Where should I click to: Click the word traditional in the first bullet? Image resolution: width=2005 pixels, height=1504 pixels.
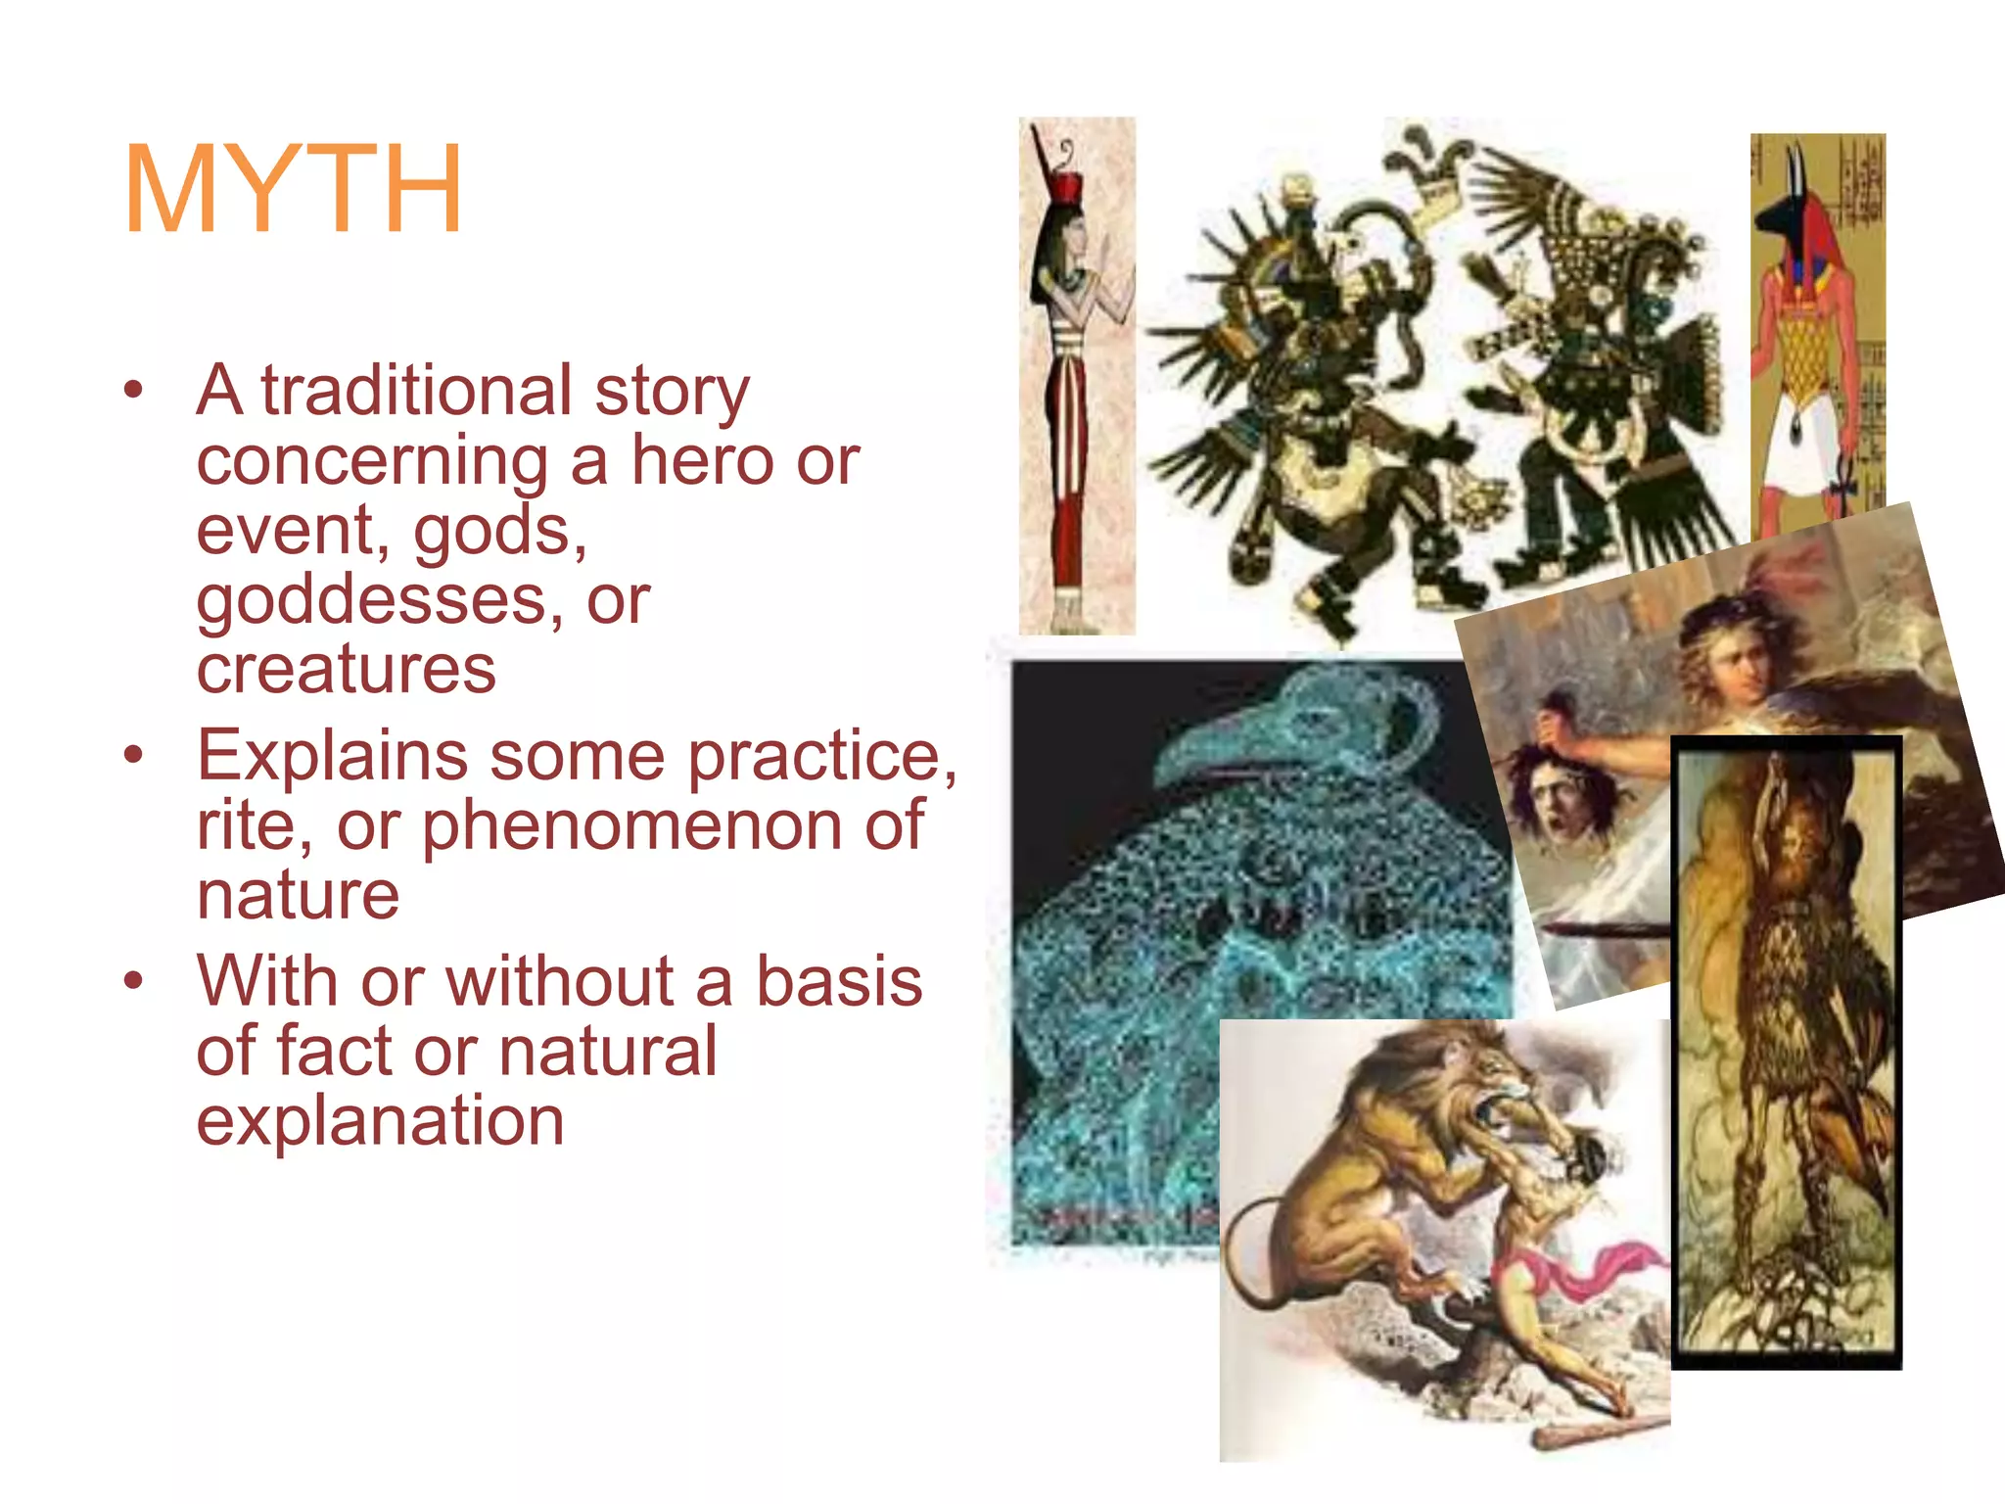pos(416,391)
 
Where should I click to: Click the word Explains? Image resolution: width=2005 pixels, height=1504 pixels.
pos(333,756)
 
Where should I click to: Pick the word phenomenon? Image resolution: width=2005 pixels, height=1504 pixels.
pos(632,825)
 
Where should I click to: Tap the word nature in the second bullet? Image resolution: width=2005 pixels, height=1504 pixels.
pos(298,894)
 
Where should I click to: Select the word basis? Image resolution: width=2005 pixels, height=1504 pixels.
pos(839,981)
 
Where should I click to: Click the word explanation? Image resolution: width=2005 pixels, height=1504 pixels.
pos(380,1120)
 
